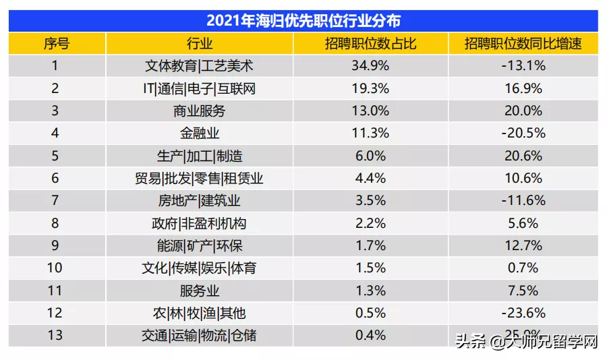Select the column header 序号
click(57, 44)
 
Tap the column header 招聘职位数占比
click(370, 44)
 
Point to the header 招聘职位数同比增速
click(523, 44)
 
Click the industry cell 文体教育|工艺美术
click(200, 66)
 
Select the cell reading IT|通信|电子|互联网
click(200, 88)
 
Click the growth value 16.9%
click(523, 88)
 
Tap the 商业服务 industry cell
click(200, 111)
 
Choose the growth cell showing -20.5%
click(523, 133)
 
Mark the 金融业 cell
click(200, 133)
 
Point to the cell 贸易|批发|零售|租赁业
click(200, 178)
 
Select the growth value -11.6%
click(523, 201)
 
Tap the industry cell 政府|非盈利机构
click(200, 223)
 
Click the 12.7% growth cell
click(523, 245)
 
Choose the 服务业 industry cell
click(200, 291)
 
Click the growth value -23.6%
click(523, 313)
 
